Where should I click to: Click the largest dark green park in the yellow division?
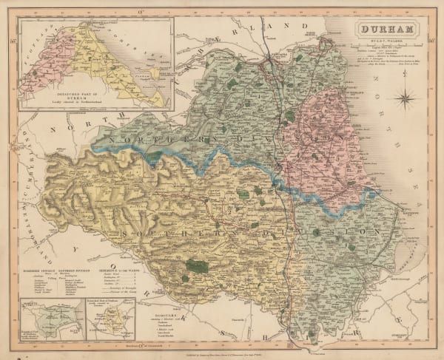195,265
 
